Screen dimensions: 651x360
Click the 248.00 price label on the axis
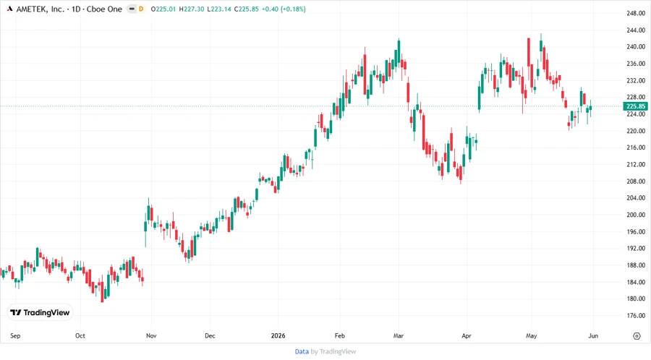tap(636, 13)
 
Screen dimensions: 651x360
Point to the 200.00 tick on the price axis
tap(636, 215)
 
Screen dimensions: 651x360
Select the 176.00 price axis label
tap(636, 316)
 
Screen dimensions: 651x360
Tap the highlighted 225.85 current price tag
tap(635, 106)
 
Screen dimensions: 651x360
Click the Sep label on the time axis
tap(15, 335)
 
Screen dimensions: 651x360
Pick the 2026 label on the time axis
tap(278, 335)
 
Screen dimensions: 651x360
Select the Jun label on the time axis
tap(593, 335)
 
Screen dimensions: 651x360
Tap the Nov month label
tap(151, 335)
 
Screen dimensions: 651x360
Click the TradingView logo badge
tap(40, 313)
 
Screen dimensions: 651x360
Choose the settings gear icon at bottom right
tap(637, 336)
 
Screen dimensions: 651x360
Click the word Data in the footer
tap(302, 352)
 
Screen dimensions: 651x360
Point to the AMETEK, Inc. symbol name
tap(41, 9)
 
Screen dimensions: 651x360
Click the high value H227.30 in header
tap(192, 9)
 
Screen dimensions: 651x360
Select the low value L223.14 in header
tap(218, 9)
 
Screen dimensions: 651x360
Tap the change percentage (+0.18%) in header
tap(293, 9)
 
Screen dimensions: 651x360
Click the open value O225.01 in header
tap(163, 9)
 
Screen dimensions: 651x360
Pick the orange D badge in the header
tap(141, 9)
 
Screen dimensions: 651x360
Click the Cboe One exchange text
tap(104, 9)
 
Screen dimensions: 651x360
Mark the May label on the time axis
tap(532, 335)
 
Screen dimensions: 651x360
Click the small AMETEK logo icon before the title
tap(9, 9)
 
